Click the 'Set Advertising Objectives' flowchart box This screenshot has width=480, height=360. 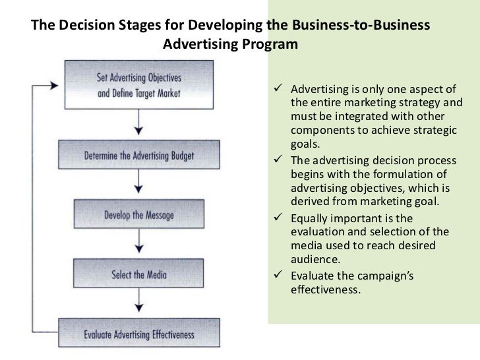pos(138,85)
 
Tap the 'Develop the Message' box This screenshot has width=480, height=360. pos(138,215)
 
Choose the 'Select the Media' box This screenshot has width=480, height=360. pos(138,274)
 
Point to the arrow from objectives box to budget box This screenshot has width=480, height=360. pos(138,125)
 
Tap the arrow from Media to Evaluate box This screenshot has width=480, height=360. pos(138,303)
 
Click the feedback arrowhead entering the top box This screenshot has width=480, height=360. pos(53,85)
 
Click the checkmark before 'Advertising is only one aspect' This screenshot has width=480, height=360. pos(279,90)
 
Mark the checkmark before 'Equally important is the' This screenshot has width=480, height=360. pos(279,218)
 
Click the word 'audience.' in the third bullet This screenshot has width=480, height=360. pos(314,260)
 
